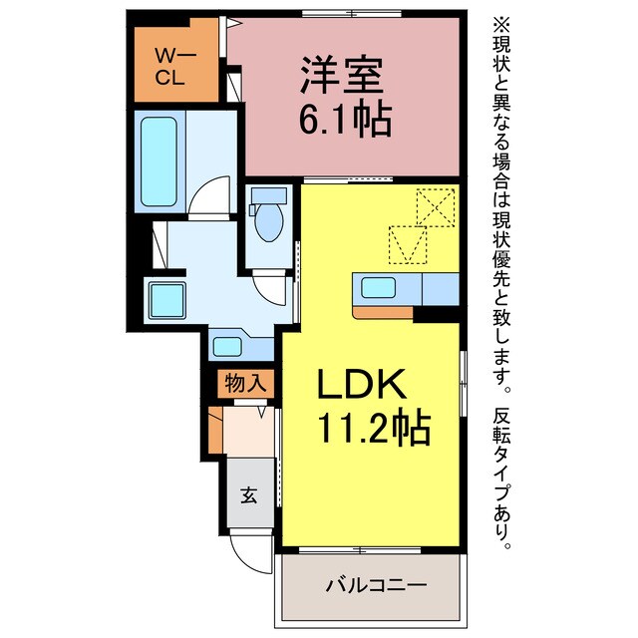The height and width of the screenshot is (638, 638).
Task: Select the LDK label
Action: [360, 385]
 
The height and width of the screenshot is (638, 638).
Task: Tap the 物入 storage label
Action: [243, 382]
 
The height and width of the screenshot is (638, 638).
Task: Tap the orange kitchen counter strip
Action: [383, 313]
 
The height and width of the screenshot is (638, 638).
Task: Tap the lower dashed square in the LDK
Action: [407, 243]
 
